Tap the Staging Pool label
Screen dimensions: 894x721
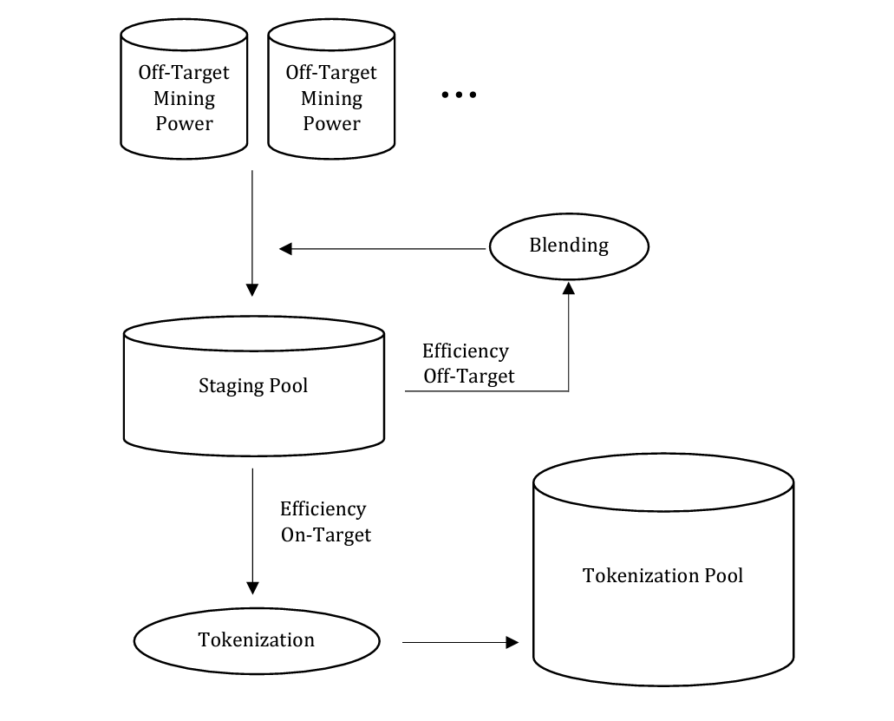(x=253, y=386)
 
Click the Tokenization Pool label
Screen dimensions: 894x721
(x=662, y=575)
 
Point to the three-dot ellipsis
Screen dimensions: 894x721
(x=459, y=95)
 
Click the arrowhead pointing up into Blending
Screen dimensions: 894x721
(x=569, y=288)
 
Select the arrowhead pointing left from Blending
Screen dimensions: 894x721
(x=285, y=249)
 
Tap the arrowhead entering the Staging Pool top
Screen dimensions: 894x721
(x=252, y=290)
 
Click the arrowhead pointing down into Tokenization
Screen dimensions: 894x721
(x=252, y=588)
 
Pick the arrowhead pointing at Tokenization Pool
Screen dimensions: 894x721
(x=512, y=642)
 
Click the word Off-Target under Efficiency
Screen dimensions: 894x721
(x=468, y=377)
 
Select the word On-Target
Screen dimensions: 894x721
(x=326, y=535)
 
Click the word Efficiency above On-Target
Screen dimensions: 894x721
(x=323, y=509)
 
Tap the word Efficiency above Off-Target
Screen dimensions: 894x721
(x=466, y=351)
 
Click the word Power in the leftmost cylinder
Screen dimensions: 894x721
(x=184, y=124)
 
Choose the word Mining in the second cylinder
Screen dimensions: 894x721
(x=331, y=99)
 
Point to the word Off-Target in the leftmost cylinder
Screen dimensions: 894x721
(x=184, y=73)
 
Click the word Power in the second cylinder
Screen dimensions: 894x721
(x=331, y=124)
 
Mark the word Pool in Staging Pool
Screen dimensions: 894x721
(x=289, y=385)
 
